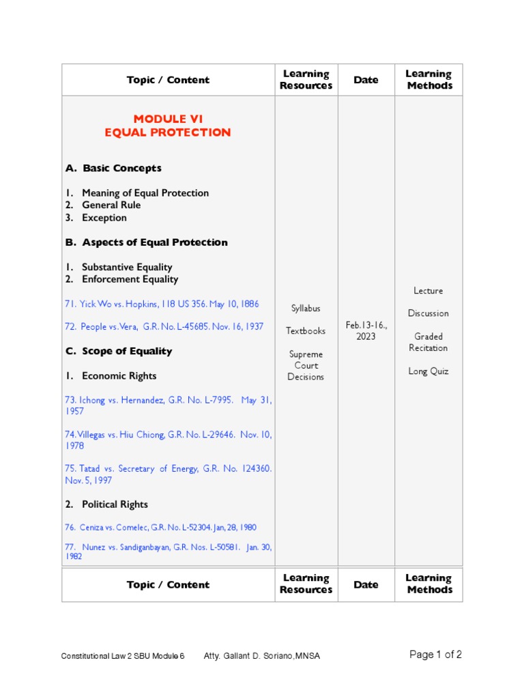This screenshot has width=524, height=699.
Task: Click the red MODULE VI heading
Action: point(168,119)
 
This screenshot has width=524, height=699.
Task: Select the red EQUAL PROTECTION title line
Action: point(168,132)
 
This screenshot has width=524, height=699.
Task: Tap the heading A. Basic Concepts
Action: point(113,168)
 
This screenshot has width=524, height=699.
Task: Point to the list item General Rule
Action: point(111,205)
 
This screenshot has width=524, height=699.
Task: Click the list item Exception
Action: point(104,218)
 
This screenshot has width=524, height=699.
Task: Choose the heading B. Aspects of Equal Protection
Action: point(146,242)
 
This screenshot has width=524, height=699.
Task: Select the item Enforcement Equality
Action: point(130,279)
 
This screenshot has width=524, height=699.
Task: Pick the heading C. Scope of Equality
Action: point(119,351)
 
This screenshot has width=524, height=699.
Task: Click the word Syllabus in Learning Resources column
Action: point(306,309)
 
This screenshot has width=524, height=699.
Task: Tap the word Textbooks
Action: point(306,331)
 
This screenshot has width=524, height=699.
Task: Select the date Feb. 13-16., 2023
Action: point(366,331)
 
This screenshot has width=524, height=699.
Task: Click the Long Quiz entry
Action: point(428,371)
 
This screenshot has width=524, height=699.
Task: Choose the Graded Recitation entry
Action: point(428,342)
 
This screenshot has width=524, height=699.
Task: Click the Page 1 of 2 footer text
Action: point(435,655)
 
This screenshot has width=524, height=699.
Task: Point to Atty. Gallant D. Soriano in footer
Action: point(261,656)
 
